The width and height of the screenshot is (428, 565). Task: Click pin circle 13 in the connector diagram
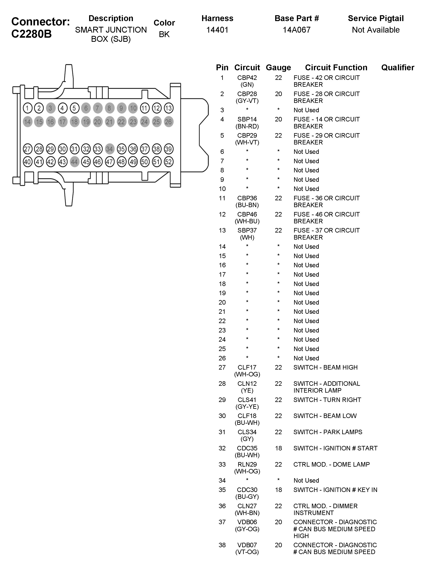[168, 108]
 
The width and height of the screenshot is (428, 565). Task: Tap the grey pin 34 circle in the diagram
[109, 149]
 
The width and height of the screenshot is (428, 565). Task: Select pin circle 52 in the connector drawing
[168, 162]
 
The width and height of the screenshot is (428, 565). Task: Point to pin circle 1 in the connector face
[27, 108]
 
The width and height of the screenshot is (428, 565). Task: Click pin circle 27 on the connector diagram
[27, 149]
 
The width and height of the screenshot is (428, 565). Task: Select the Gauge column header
[278, 67]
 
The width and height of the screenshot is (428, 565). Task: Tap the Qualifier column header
[398, 67]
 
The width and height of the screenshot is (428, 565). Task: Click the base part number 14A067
[296, 30]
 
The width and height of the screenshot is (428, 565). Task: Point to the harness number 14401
[217, 30]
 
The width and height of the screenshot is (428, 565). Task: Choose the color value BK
[164, 34]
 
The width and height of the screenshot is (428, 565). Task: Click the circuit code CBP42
[247, 78]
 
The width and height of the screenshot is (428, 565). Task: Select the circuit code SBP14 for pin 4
[247, 119]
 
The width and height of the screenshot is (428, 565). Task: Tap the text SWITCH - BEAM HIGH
[325, 367]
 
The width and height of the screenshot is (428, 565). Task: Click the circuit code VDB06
[247, 522]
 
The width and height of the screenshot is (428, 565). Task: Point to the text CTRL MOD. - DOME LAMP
[331, 464]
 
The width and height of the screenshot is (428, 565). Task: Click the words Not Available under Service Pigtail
[376, 30]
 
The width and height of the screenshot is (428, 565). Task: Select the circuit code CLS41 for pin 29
[247, 400]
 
